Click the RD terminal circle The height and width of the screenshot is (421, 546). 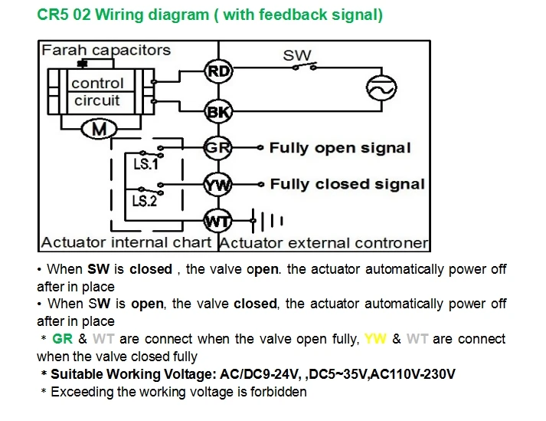tap(218, 71)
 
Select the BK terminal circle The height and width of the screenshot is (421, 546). tap(218, 112)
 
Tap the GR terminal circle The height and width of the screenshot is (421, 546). tap(218, 147)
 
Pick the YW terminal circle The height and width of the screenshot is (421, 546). tap(218, 185)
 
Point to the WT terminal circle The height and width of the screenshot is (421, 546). tap(218, 221)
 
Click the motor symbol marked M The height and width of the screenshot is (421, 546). tap(100, 130)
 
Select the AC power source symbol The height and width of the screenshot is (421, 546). tap(381, 88)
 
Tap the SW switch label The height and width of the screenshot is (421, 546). tap(297, 55)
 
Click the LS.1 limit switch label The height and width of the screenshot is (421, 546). tap(146, 164)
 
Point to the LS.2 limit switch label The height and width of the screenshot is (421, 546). tap(145, 201)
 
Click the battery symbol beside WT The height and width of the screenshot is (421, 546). tap(267, 220)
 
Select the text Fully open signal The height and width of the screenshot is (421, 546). tap(340, 148)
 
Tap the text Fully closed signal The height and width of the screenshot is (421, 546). tap(348, 184)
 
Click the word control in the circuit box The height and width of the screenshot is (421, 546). tap(97, 84)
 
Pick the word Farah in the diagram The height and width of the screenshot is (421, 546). tap(64, 50)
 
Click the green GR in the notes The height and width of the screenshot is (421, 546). tap(63, 339)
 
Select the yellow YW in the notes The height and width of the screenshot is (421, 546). tap(375, 339)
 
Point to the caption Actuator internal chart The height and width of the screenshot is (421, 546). tap(126, 242)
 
